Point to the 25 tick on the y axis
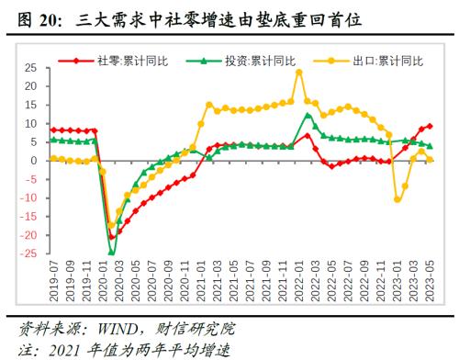pos(29,68)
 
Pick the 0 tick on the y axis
pos(33,161)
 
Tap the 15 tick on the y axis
pos(29,105)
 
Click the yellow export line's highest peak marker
pos(299,72)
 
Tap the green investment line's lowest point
pos(112,252)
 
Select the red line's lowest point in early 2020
pos(112,236)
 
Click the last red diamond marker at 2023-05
pos(430,126)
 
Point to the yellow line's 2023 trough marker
pos(397,199)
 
